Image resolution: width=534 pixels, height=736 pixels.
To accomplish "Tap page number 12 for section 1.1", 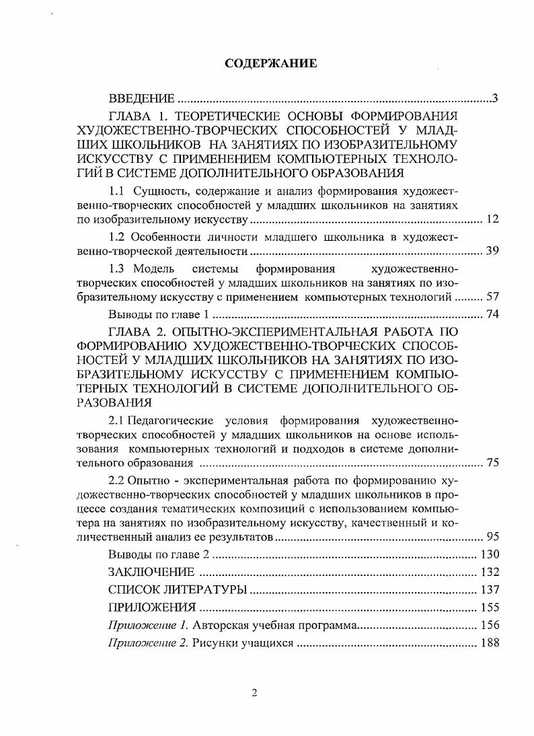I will (x=491, y=220).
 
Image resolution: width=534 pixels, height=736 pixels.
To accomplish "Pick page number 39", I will (x=491, y=252).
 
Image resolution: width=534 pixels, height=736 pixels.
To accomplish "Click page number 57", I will (x=491, y=297).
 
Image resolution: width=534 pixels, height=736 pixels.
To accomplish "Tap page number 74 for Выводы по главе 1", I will (x=491, y=315).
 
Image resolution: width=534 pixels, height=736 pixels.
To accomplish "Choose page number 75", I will (x=491, y=464).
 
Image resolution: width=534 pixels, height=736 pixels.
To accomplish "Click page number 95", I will (x=491, y=538).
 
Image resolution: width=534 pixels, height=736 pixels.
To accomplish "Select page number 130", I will (x=488, y=555).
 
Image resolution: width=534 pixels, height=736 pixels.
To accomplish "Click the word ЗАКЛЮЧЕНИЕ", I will (x=151, y=573).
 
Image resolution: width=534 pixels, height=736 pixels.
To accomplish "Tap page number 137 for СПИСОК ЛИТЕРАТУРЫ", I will (x=488, y=590).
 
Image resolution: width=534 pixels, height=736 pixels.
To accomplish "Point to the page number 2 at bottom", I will (x=255, y=694).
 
